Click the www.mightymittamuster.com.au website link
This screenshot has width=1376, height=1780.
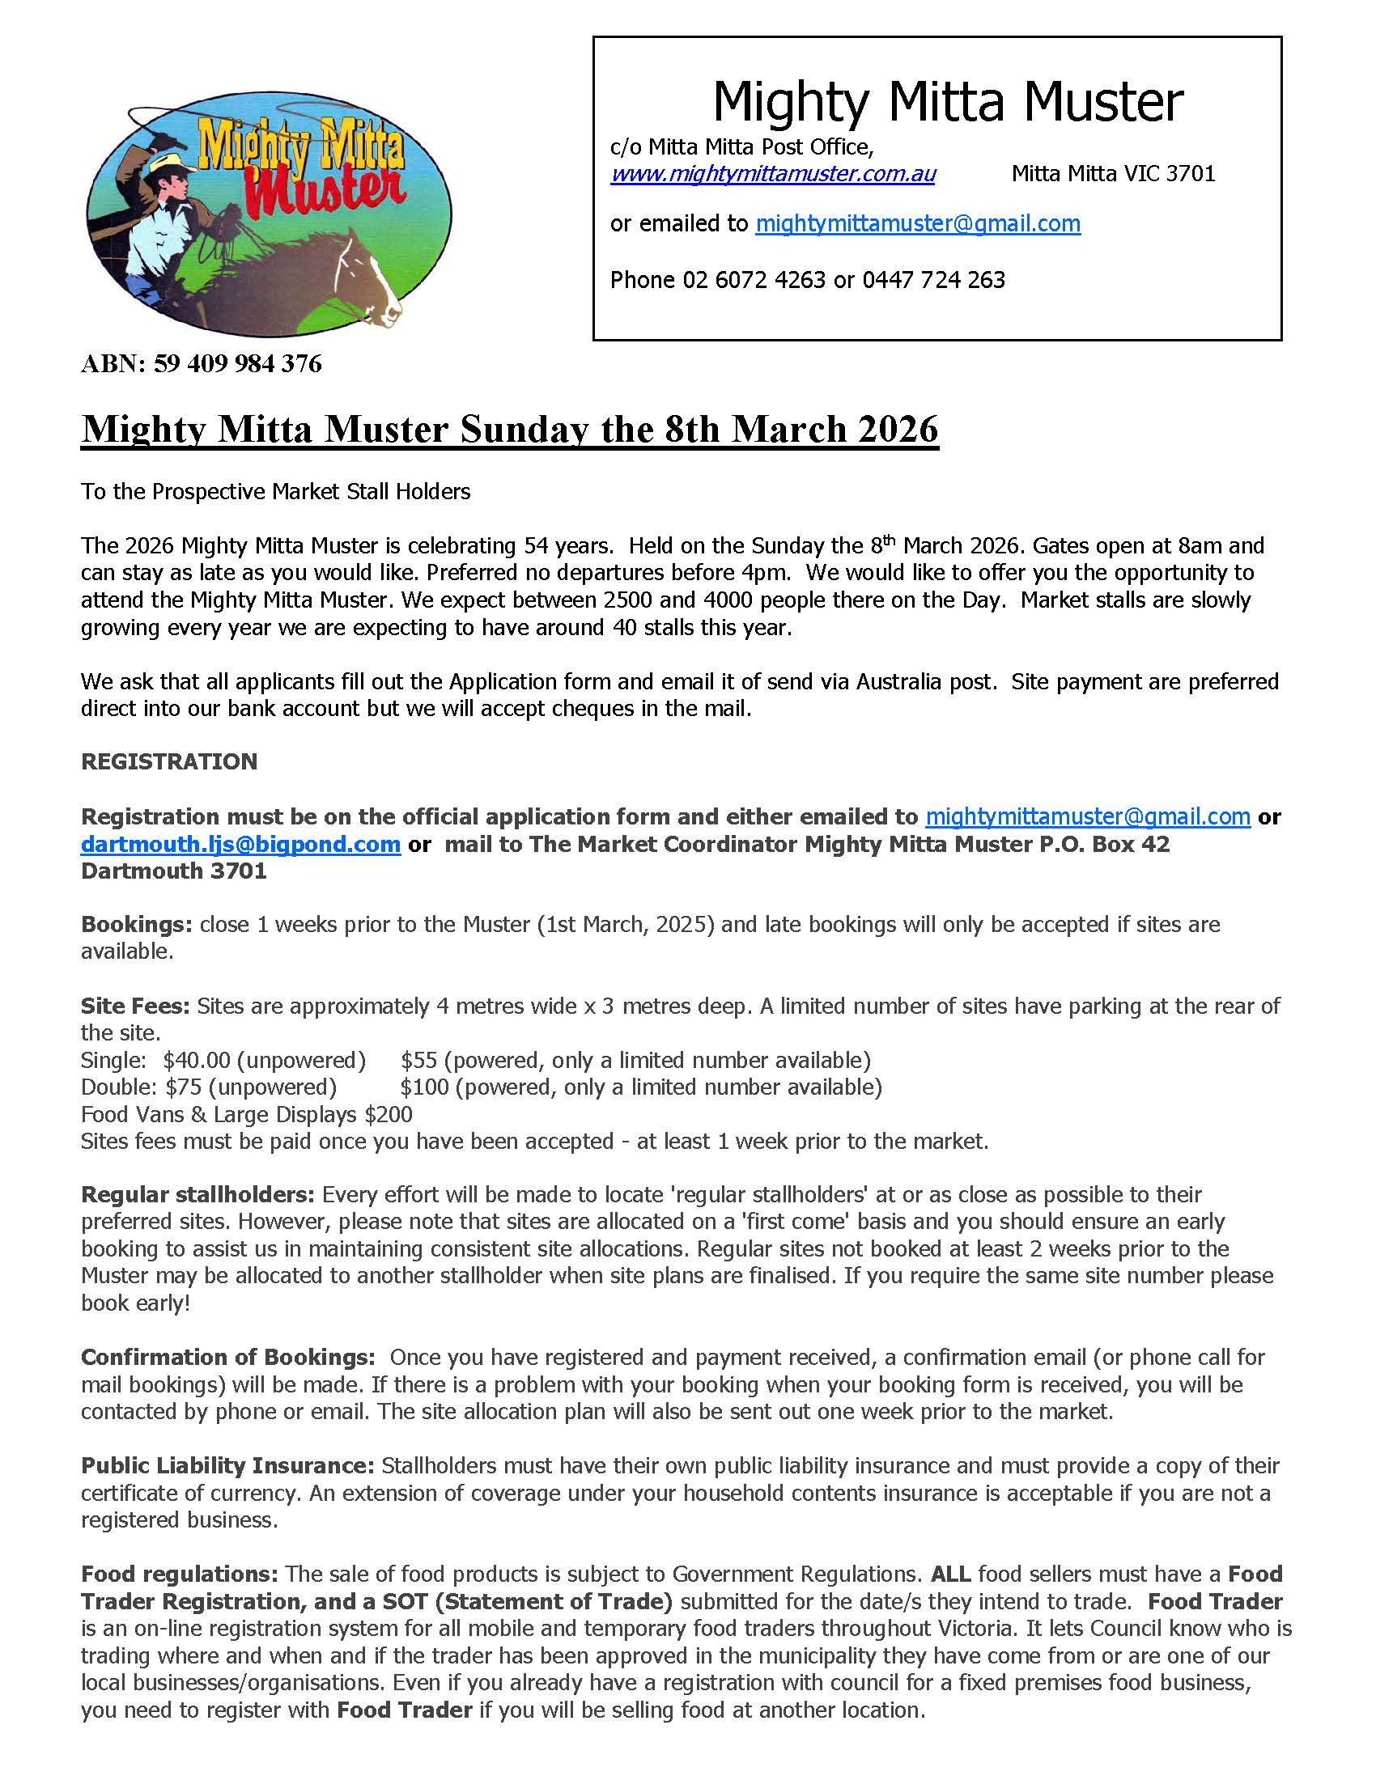tap(772, 174)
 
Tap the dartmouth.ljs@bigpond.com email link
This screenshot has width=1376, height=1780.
tap(240, 844)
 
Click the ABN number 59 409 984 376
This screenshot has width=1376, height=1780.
tap(237, 363)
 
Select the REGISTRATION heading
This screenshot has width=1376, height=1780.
tap(168, 761)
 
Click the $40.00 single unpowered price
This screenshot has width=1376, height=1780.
tap(194, 1060)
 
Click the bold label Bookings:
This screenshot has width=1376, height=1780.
tap(136, 924)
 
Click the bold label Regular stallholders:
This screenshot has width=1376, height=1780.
tap(197, 1195)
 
